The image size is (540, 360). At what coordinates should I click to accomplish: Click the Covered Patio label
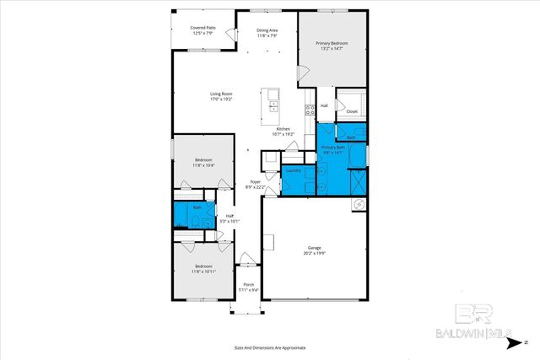pyautogui.click(x=203, y=27)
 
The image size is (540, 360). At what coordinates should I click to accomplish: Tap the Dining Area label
pyautogui.click(x=267, y=30)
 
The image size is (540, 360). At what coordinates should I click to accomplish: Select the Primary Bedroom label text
pyautogui.click(x=332, y=43)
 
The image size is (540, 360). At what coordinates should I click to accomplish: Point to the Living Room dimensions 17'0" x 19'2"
pyautogui.click(x=220, y=99)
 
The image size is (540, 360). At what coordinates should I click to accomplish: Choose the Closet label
pyautogui.click(x=352, y=110)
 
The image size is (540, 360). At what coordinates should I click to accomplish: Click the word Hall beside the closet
pyautogui.click(x=324, y=105)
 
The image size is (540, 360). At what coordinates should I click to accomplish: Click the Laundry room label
pyautogui.click(x=293, y=170)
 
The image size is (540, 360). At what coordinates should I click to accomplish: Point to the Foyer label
pyautogui.click(x=255, y=182)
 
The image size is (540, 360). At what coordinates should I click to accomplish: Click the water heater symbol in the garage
pyautogui.click(x=358, y=203)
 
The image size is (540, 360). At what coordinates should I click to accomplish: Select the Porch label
pyautogui.click(x=249, y=285)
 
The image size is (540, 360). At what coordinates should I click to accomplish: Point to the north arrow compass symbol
pyautogui.click(x=516, y=342)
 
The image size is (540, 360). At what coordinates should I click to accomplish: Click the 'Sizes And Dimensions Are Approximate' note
pyautogui.click(x=269, y=347)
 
